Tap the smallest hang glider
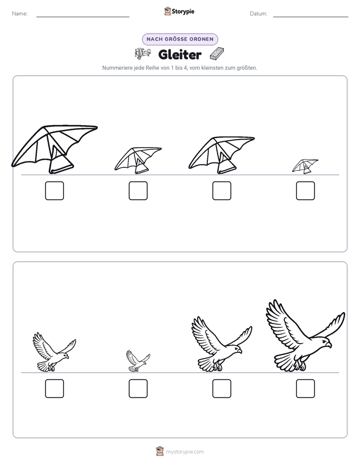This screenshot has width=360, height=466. tap(305, 166)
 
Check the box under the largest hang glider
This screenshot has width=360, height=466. tap(54, 191)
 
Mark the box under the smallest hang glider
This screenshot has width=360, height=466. tap(306, 191)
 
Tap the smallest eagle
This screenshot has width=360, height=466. tap(138, 361)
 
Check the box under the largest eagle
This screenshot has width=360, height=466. tap(306, 388)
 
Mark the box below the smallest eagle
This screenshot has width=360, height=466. tap(138, 388)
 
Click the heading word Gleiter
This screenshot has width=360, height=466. tap(180, 54)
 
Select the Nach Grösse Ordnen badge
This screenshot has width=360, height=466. tap(180, 39)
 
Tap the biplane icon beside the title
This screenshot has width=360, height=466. tap(143, 53)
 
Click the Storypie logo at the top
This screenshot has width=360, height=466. tap(179, 11)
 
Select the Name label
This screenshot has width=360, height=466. tap(20, 14)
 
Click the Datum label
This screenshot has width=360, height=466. tap(259, 14)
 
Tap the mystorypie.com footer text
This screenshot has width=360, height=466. tap(185, 452)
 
